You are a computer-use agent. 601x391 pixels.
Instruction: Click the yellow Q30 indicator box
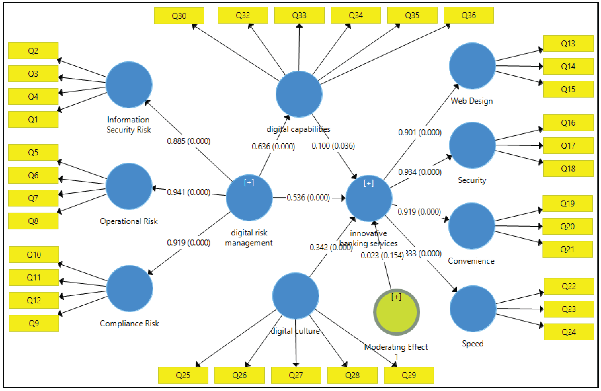point(179,16)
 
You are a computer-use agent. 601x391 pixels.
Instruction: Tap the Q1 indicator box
point(33,119)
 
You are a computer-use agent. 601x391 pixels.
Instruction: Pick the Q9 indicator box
point(34,323)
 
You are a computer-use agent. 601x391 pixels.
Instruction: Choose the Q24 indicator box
point(568,332)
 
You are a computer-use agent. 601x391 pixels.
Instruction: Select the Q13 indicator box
point(568,44)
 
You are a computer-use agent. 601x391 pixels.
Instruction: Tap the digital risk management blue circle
point(249,198)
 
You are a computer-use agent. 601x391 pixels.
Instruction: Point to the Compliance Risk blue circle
point(130,288)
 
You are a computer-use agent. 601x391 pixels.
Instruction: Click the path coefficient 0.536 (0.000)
point(308,198)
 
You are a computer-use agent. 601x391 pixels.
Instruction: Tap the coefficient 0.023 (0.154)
point(382,255)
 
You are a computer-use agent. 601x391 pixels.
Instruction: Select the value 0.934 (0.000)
point(419,172)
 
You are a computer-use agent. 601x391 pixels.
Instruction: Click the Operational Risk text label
point(129,221)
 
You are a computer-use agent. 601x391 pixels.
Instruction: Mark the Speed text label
point(472,343)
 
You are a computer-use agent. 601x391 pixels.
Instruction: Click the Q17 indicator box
point(568,146)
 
